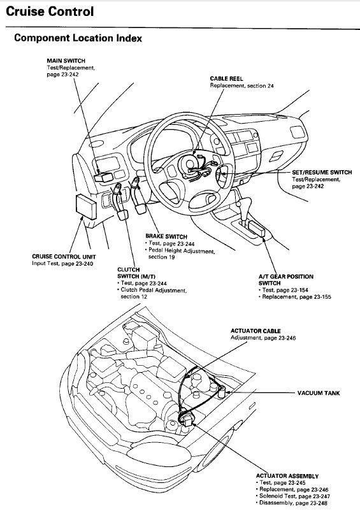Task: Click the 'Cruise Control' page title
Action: (50, 11)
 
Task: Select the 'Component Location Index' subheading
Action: (78, 38)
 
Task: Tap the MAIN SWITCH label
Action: (66, 61)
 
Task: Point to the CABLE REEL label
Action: (227, 78)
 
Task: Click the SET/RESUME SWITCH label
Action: (322, 173)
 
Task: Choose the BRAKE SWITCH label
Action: (166, 236)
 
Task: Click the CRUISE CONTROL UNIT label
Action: (64, 257)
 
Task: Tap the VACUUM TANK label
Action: (319, 393)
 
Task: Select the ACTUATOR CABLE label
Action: (256, 331)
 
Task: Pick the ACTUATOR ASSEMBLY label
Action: (287, 476)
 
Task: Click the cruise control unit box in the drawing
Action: (86, 207)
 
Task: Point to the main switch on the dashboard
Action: (104, 177)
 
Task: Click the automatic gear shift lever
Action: (244, 209)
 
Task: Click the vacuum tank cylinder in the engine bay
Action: (221, 392)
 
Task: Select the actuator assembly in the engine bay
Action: (187, 418)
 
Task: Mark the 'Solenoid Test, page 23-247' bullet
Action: (292, 496)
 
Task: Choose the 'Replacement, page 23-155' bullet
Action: (295, 297)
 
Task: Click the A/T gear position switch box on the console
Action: (257, 229)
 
